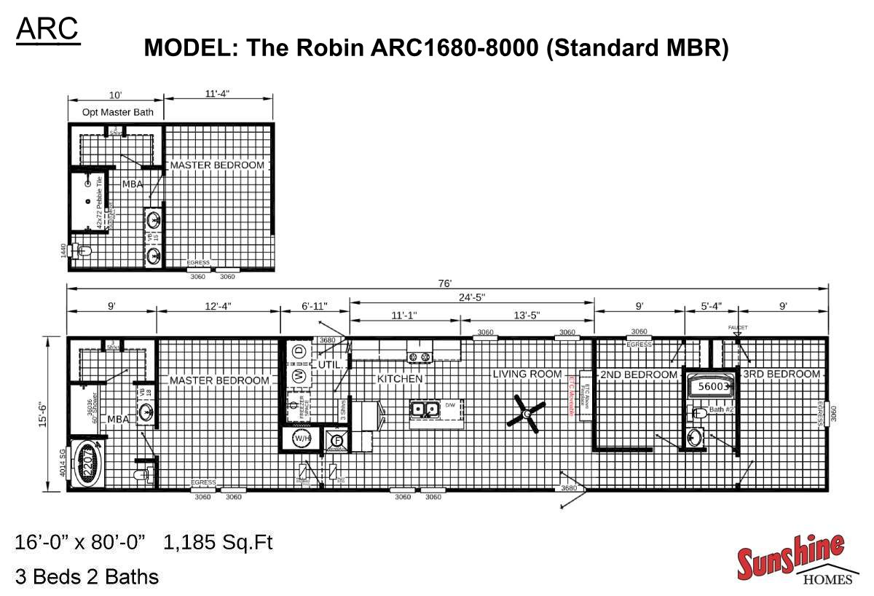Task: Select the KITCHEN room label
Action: click(400, 379)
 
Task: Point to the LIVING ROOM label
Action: click(527, 374)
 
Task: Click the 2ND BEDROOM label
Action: click(639, 375)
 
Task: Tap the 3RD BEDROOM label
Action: click(782, 374)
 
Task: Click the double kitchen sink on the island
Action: click(425, 409)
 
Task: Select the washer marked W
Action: click(298, 376)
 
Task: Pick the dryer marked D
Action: click(298, 352)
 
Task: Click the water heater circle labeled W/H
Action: click(302, 439)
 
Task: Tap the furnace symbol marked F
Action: click(336, 439)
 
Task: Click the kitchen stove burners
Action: click(420, 356)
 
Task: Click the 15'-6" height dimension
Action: click(45, 413)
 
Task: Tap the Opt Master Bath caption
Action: click(115, 112)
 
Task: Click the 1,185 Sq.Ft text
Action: click(219, 543)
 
